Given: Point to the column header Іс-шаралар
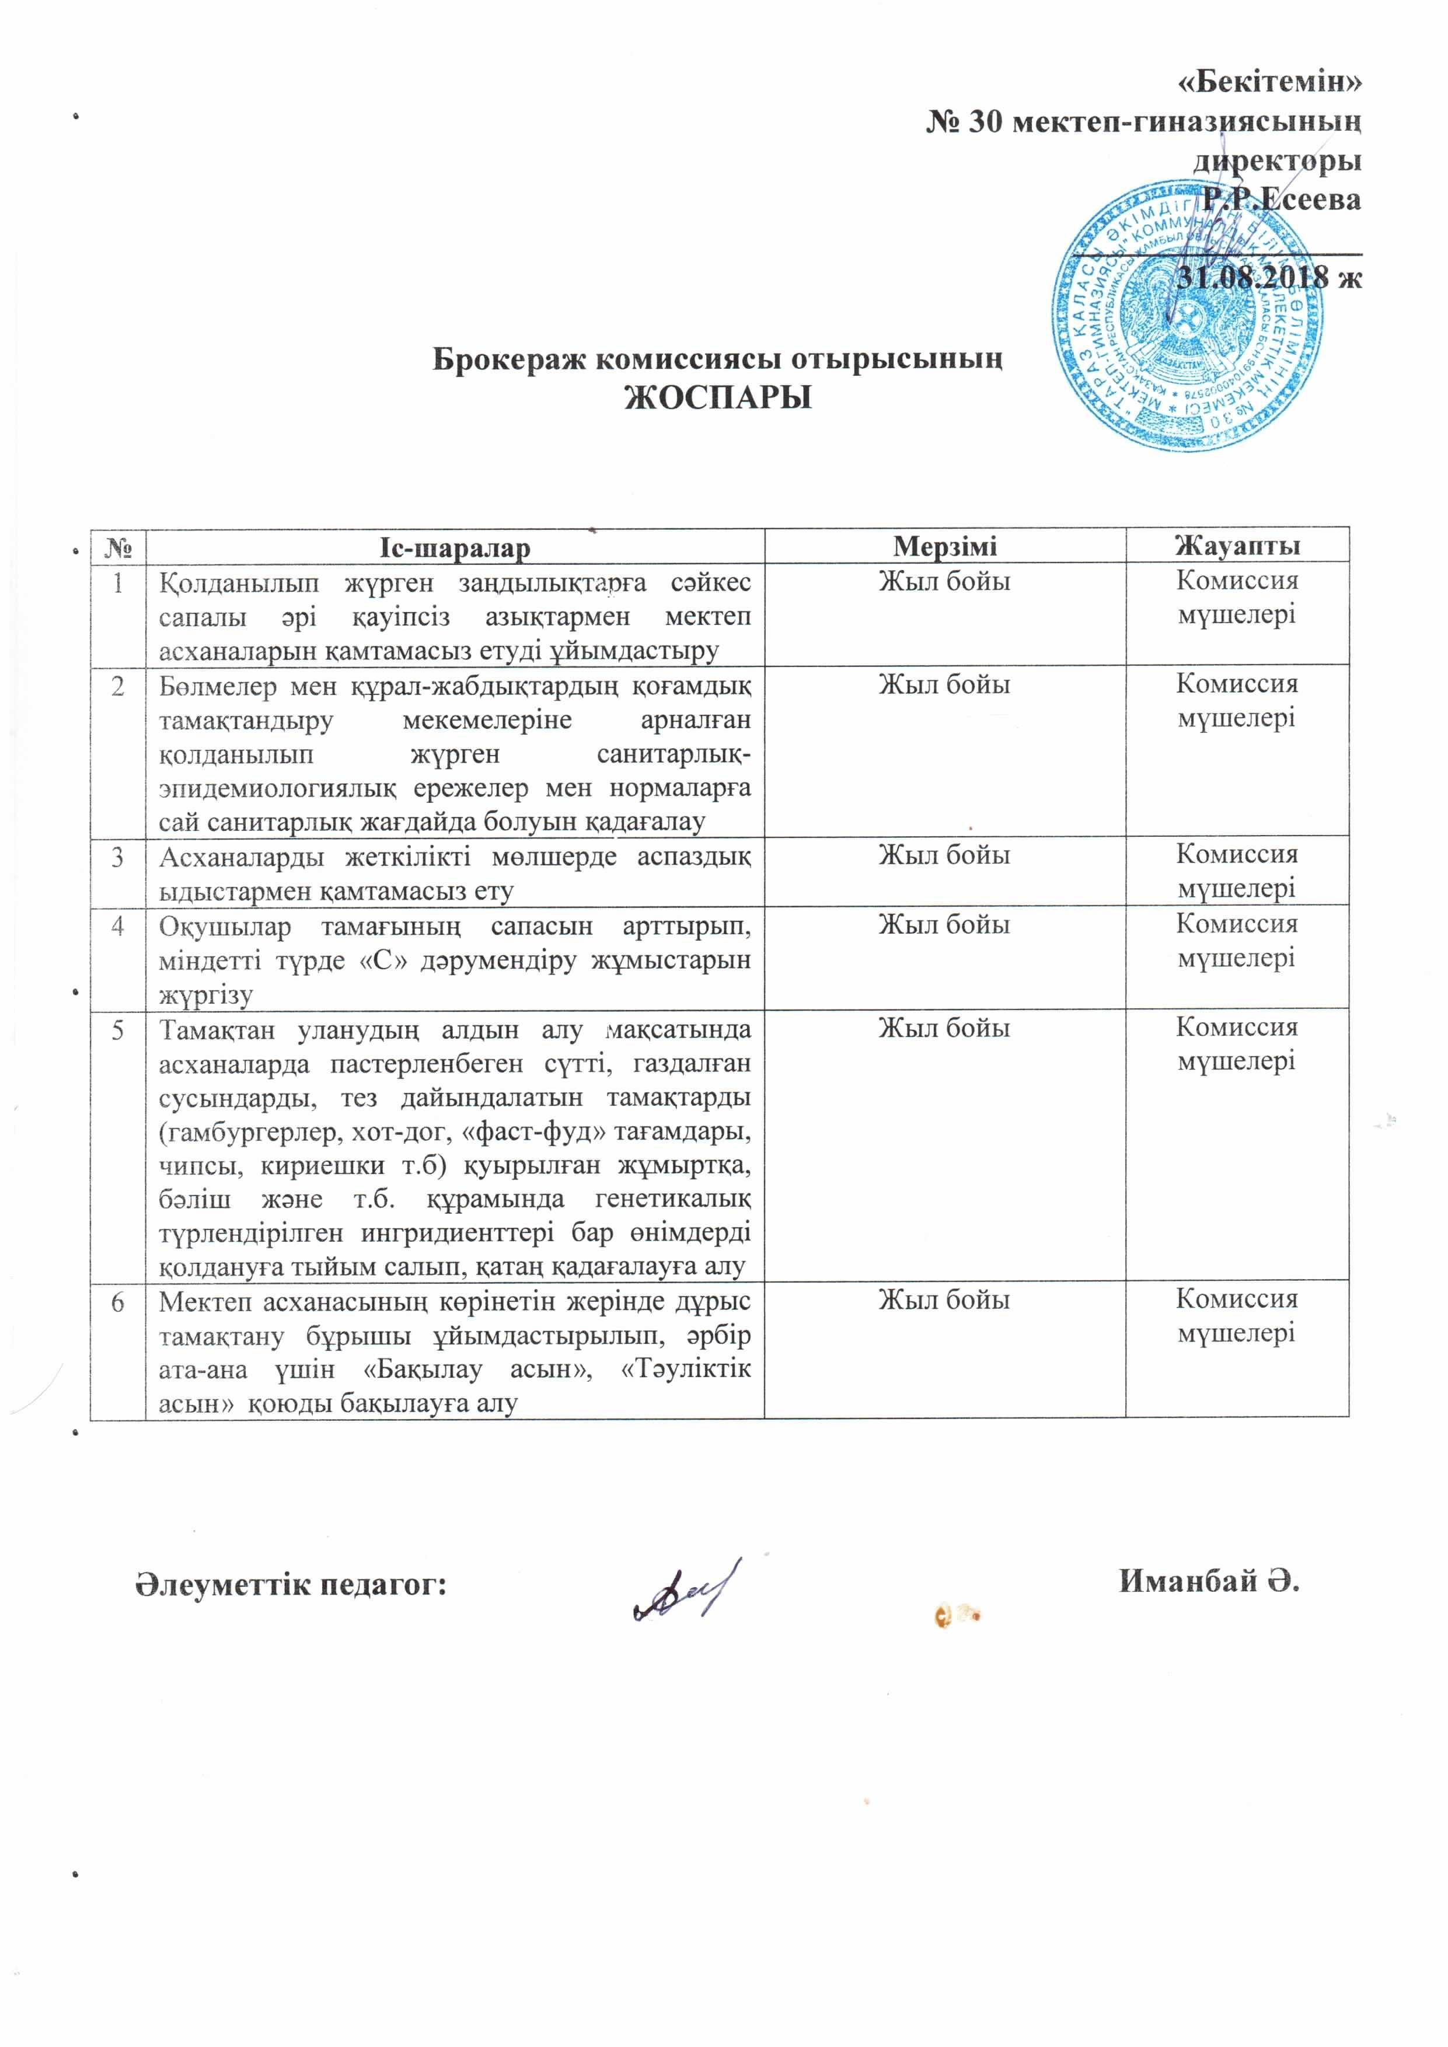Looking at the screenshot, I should pos(455,547).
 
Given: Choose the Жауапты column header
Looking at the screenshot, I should pos(1237,546).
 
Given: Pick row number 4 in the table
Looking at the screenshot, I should pos(118,925).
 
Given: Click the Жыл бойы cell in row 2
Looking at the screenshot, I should pos(945,684).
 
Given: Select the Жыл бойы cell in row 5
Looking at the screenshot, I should pos(945,1028).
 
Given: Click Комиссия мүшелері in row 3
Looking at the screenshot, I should pos(1237,871).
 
